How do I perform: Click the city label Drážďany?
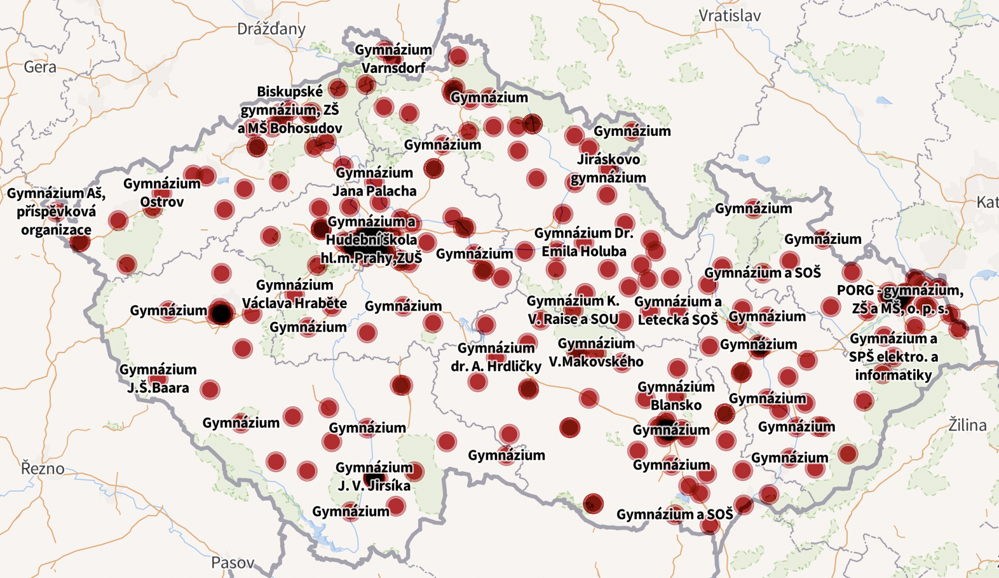pos(271,29)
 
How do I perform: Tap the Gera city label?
pos(40,67)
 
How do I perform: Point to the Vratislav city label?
pos(729,16)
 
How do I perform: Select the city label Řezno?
pos(43,469)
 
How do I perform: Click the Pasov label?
pos(232,563)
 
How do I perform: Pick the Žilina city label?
pos(967,425)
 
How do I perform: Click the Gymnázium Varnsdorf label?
pos(393,58)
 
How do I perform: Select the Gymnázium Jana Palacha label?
pos(375,182)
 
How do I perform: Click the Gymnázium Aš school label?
pos(56,211)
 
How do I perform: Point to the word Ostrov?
pos(162,202)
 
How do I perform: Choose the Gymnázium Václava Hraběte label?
pos(294,294)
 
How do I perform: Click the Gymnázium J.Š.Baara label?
pos(158,379)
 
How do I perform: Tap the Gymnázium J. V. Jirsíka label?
pos(374,476)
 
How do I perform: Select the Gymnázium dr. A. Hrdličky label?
pos(496,357)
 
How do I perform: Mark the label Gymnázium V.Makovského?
pos(596,353)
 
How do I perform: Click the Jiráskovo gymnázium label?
pos(608,168)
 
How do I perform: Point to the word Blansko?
pos(676,405)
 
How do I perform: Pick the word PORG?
pos(855,290)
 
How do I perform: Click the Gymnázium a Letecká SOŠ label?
pos(678,311)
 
